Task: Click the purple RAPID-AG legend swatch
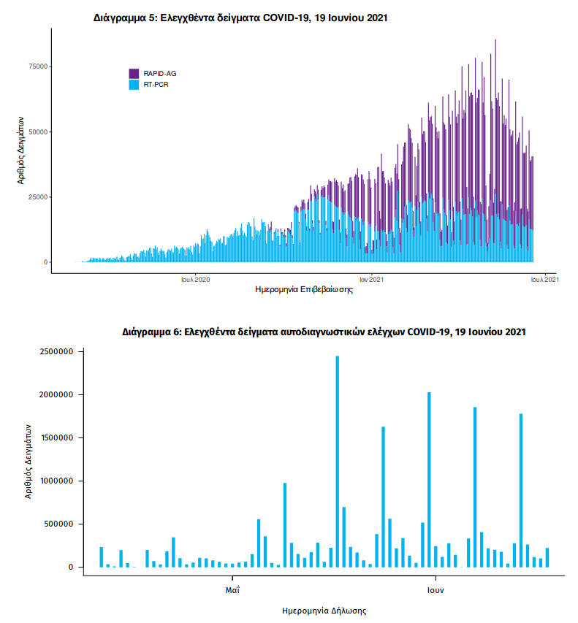coord(134,73)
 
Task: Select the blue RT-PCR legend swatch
coord(134,84)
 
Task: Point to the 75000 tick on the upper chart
coord(38,66)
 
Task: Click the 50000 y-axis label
coord(38,131)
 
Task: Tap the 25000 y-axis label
coord(38,197)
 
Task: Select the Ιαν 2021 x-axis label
coord(371,278)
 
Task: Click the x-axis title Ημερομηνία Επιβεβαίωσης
coord(304,289)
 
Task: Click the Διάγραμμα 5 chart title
coord(240,17)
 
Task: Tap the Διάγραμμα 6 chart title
coord(324,332)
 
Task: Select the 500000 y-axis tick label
coord(58,524)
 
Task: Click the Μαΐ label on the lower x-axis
coord(233,588)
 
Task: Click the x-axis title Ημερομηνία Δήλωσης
coord(324,609)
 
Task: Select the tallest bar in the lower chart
coord(337,462)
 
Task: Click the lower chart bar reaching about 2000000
coord(429,480)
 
